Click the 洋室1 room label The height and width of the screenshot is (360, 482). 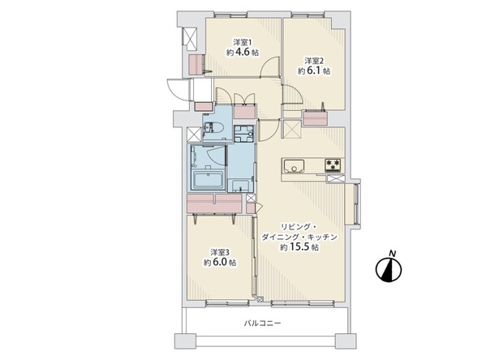241,41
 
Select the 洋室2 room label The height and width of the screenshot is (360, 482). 312,60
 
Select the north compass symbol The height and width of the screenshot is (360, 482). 389,270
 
